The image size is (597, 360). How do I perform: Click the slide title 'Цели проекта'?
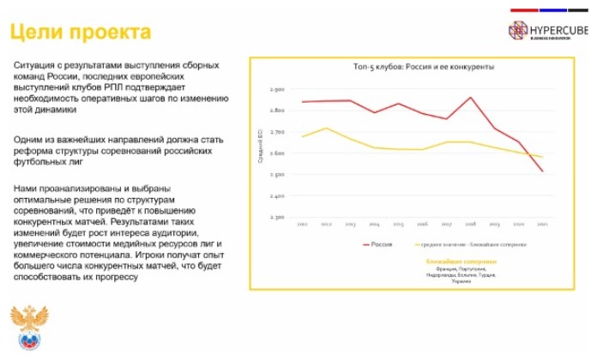(x=81, y=32)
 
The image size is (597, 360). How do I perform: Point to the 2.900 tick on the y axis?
(x=276, y=89)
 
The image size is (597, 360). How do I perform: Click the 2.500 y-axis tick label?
(x=276, y=174)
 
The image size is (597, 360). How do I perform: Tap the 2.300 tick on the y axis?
(x=276, y=217)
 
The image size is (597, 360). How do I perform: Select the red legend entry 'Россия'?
(x=378, y=243)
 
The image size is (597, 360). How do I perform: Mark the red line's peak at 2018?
(x=471, y=97)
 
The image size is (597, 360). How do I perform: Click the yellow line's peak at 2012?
(x=327, y=128)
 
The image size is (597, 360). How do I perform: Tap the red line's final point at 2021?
(x=543, y=171)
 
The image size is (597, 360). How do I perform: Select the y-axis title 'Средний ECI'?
(x=261, y=153)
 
